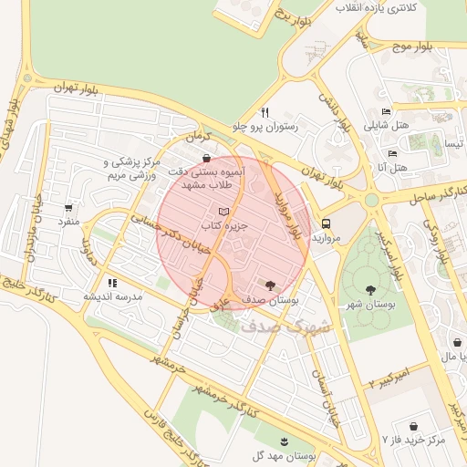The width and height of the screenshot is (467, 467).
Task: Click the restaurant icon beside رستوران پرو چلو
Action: pos(264,113)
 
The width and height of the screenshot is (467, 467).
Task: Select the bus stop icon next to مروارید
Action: pos(326,223)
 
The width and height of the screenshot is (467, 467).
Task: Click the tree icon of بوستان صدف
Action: pos(270,285)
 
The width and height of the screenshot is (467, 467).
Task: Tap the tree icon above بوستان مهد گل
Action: pos(286,441)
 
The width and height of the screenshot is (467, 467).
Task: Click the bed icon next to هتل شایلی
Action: pos(387,112)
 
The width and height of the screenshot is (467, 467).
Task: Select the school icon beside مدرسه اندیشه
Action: pos(112,284)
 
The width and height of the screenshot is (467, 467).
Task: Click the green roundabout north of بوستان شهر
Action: pos(371,199)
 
